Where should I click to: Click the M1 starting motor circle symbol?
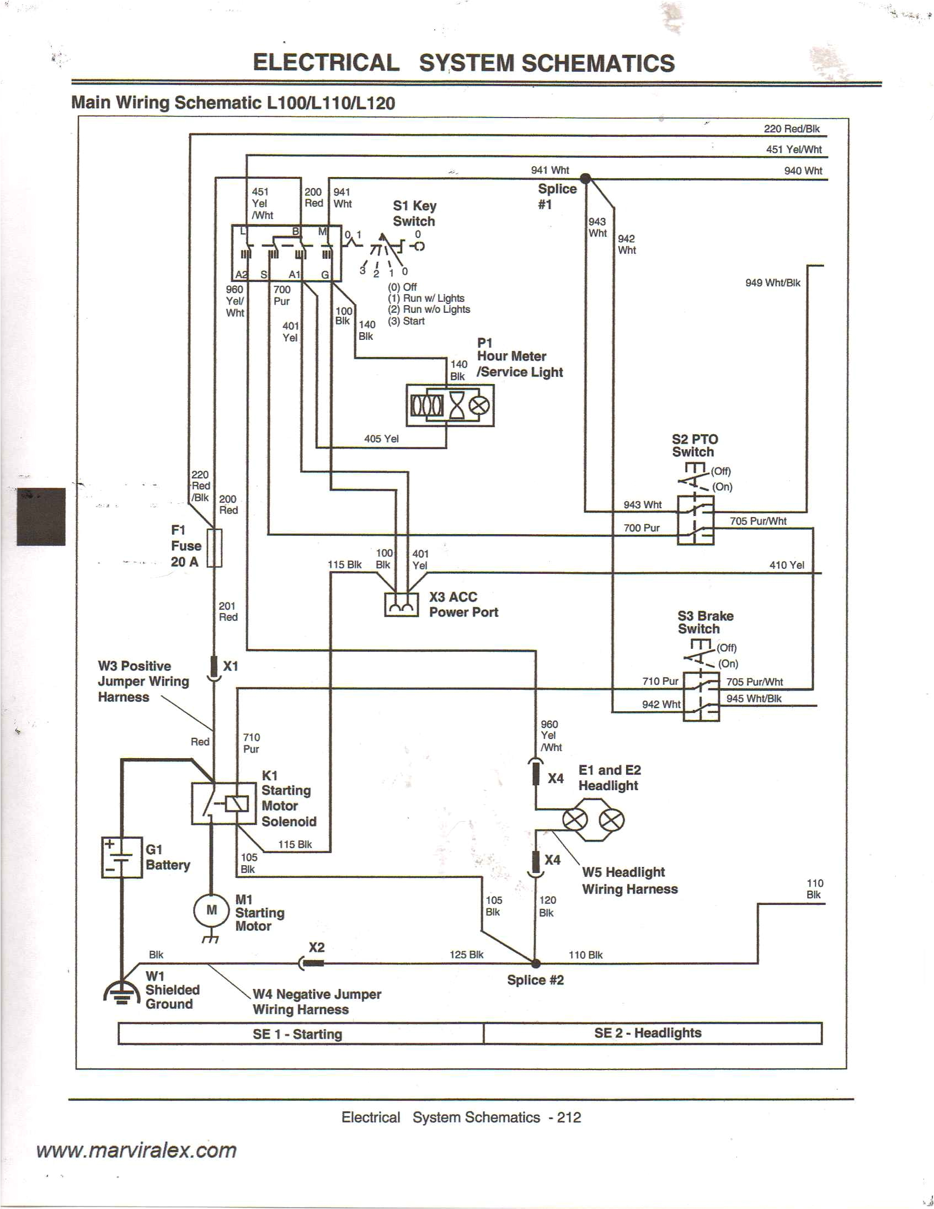point(211,910)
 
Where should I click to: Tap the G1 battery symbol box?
point(122,858)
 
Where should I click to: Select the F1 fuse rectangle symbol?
point(214,548)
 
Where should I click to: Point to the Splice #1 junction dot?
point(585,178)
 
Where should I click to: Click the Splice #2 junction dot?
point(535,963)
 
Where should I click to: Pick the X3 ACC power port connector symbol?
point(401,605)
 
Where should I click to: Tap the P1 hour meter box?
point(450,406)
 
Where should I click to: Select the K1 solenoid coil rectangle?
point(236,805)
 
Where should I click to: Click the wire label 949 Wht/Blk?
point(772,283)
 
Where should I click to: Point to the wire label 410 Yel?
point(786,565)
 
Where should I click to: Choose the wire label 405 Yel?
point(381,439)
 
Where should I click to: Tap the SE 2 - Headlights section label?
point(647,1033)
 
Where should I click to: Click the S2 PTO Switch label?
point(695,446)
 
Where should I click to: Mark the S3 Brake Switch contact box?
point(701,697)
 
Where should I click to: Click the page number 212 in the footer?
point(569,1117)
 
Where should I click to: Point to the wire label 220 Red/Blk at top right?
point(791,129)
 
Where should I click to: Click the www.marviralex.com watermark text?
point(137,1151)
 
